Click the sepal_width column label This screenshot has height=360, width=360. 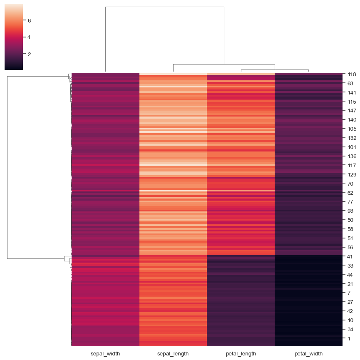pyautogui.click(x=105, y=354)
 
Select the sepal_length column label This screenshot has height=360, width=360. pyautogui.click(x=173, y=354)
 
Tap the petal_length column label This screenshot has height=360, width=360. pyautogui.click(x=241, y=354)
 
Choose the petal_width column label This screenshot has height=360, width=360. pyautogui.click(x=308, y=354)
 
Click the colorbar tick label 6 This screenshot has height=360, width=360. pyautogui.click(x=29, y=20)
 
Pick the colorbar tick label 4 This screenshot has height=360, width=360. pyautogui.click(x=29, y=37)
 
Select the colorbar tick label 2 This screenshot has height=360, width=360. pyautogui.click(x=29, y=54)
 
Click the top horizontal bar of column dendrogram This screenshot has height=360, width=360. pyautogui.click(x=164, y=7)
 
